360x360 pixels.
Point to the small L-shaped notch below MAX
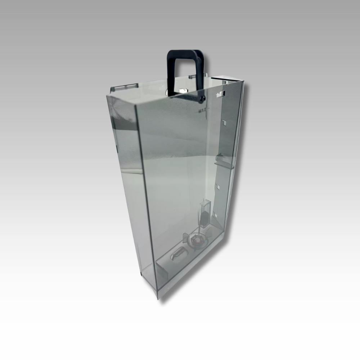(224, 123)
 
